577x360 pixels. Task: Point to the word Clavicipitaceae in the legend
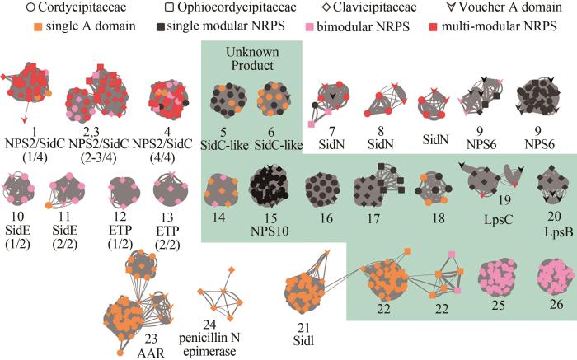[382, 10]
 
